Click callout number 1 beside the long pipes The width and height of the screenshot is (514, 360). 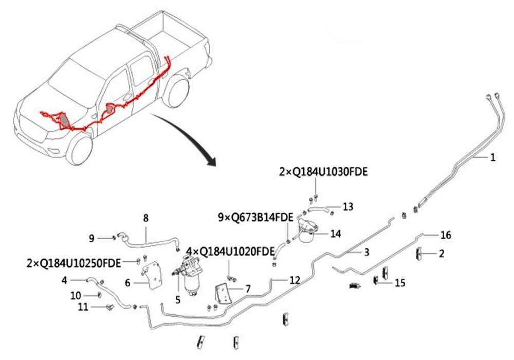[492, 158]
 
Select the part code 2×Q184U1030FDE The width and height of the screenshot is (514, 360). [323, 172]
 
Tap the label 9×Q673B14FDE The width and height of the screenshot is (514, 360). [255, 218]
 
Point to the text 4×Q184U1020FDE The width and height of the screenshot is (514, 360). [230, 251]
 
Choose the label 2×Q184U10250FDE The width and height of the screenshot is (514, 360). [74, 263]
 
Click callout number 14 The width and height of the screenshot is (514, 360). [336, 234]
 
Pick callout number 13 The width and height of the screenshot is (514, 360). [348, 207]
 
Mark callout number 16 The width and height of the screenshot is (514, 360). [446, 235]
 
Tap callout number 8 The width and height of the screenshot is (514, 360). [145, 219]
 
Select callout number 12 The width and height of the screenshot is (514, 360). [294, 280]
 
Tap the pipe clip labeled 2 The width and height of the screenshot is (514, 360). [418, 254]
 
